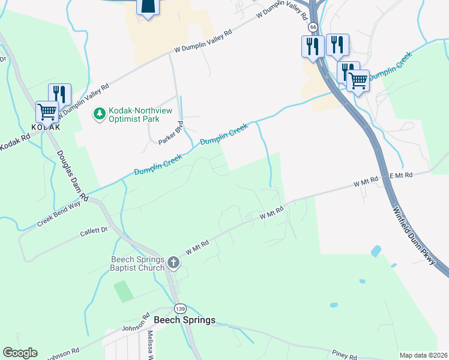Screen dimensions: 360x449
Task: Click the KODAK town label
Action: tap(46, 127)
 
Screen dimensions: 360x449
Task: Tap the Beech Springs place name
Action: tap(184, 320)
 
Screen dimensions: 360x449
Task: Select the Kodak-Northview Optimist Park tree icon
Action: tap(99, 112)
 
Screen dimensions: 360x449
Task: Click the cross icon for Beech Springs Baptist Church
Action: tap(173, 262)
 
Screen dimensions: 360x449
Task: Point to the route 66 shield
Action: tap(313, 28)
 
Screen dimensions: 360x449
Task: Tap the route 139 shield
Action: tap(179, 308)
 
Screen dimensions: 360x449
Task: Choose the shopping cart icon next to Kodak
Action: tap(47, 111)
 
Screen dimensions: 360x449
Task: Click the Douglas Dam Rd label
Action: tap(73, 175)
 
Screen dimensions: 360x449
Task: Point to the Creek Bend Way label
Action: tap(59, 213)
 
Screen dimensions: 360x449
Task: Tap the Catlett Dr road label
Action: tap(93, 230)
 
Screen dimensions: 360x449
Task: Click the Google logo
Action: tap(20, 353)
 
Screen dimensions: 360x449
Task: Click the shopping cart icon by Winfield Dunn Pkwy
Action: tap(358, 80)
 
